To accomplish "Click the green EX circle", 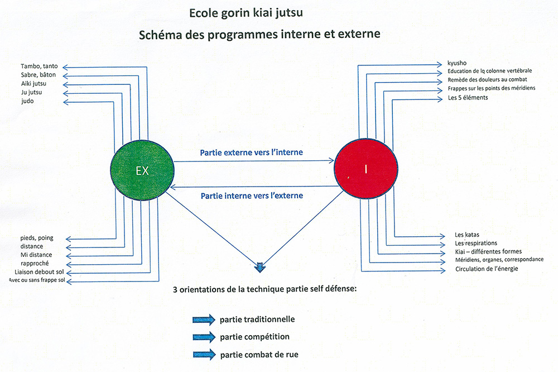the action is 142,170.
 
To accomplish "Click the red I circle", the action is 366,169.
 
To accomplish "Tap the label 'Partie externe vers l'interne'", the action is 251,152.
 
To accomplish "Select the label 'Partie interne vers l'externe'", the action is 252,195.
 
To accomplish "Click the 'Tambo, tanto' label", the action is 39,66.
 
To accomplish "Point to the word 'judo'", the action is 27,101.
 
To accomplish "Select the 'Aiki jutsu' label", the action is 33,84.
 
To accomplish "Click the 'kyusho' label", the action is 457,63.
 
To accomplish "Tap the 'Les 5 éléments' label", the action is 468,98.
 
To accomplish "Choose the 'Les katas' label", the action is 467,235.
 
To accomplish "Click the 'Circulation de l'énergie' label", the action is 487,269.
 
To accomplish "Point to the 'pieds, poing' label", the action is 37,238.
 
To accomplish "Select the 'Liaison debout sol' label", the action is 39,272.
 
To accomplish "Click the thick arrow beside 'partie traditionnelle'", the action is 204,319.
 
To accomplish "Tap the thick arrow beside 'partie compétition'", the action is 204,337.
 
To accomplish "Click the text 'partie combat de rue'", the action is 259,355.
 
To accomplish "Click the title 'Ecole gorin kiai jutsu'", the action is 246,13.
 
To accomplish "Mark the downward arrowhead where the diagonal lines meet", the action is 260,268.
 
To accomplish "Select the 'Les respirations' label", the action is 476,244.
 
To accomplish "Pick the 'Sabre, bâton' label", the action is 39,75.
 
